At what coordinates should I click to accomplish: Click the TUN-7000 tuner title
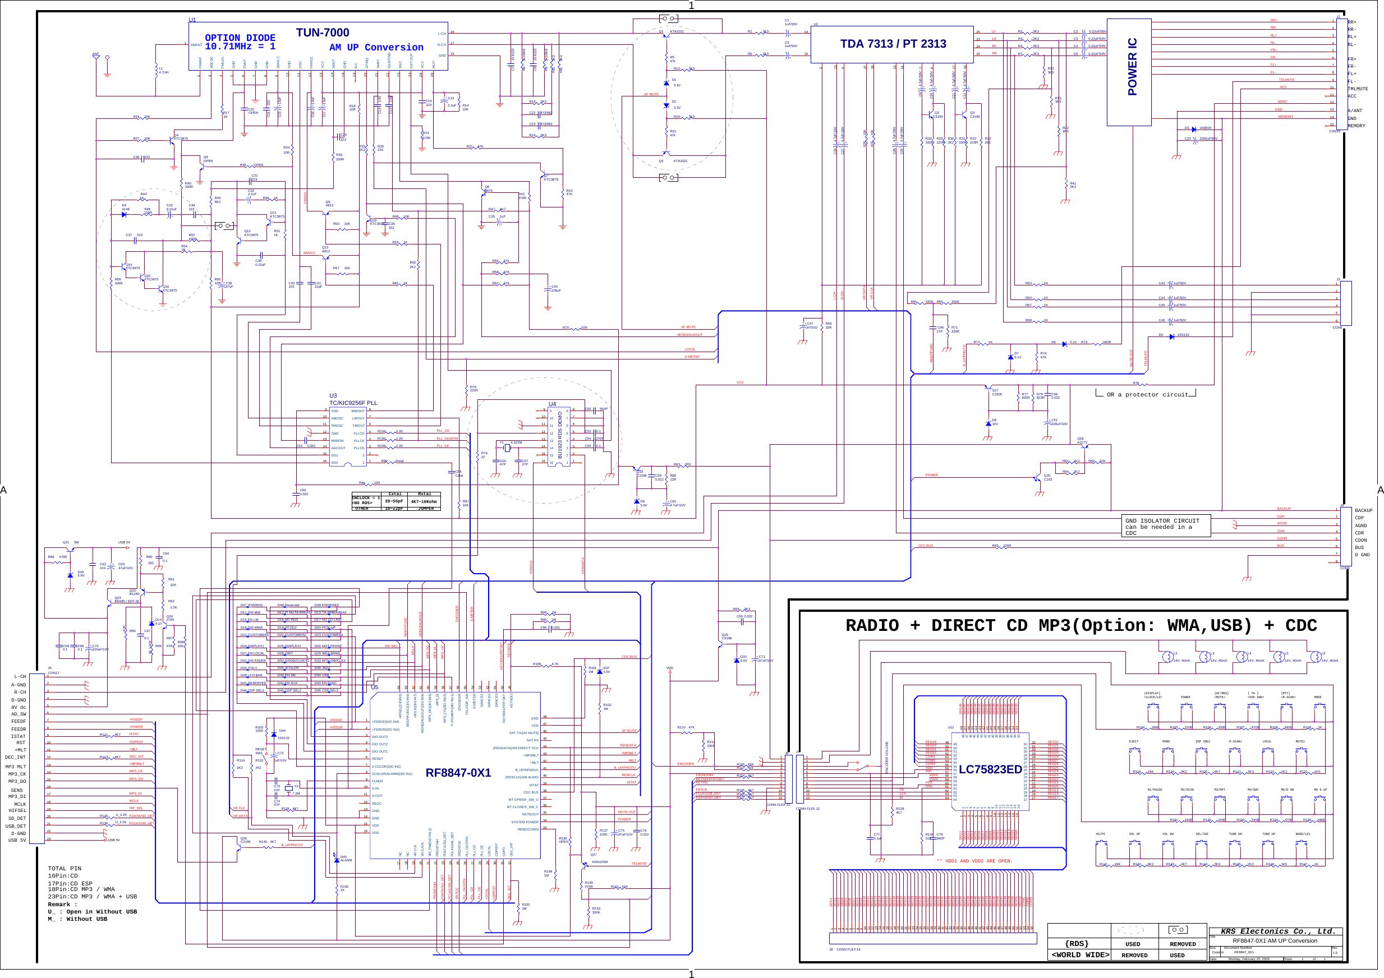coord(322,33)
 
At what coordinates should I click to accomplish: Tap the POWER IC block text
coord(1132,67)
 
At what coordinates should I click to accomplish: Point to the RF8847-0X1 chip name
coord(458,773)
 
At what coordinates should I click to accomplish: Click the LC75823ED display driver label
coord(990,769)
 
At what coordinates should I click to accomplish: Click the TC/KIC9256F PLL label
coord(353,403)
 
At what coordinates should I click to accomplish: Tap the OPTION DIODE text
coord(240,38)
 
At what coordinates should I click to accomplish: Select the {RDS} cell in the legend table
coord(1077,944)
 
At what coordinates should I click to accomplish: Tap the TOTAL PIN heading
coord(65,868)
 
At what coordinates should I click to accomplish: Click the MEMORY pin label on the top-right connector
coord(1357,126)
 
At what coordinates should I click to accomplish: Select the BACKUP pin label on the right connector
coord(1363,510)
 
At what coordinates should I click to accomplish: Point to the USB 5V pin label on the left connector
coord(17,840)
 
